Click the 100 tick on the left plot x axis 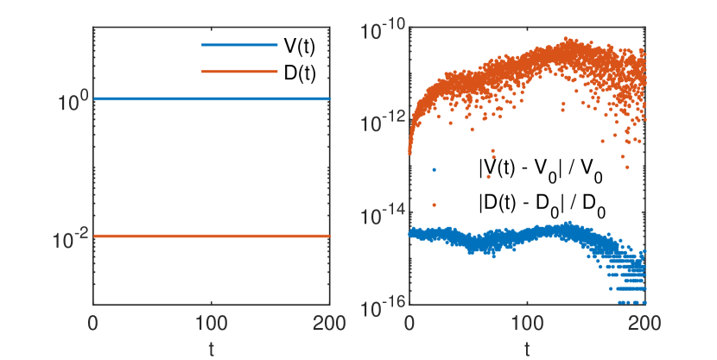pyautogui.click(x=212, y=324)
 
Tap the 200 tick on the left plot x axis pyautogui.click(x=329, y=324)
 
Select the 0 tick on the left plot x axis pyautogui.click(x=93, y=324)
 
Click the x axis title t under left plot pyautogui.click(x=212, y=348)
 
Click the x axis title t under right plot pyautogui.click(x=527, y=348)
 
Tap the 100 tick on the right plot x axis pyautogui.click(x=527, y=324)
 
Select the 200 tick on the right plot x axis pyautogui.click(x=644, y=324)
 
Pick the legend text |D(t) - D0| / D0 pyautogui.click(x=539, y=205)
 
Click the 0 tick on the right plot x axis pyautogui.click(x=409, y=324)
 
